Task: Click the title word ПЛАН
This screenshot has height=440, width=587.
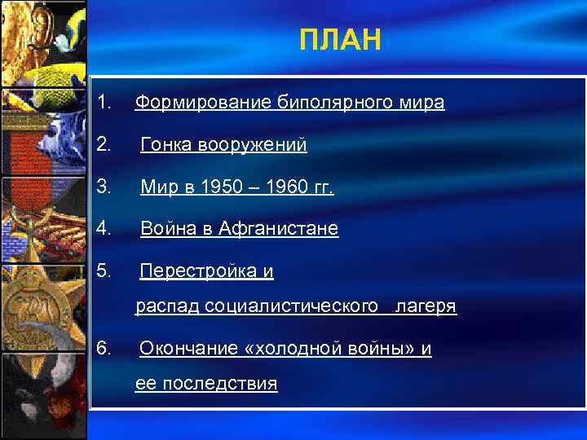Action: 340,39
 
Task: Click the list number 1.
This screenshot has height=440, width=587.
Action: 103,103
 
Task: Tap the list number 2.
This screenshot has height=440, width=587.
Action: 103,145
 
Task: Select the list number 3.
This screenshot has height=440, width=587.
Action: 103,187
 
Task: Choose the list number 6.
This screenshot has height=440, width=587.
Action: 103,349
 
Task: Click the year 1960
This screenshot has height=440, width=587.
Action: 284,188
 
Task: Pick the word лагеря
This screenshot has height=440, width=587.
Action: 425,307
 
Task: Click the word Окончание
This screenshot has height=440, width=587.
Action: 188,350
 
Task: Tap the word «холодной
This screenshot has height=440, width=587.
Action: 292,350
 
